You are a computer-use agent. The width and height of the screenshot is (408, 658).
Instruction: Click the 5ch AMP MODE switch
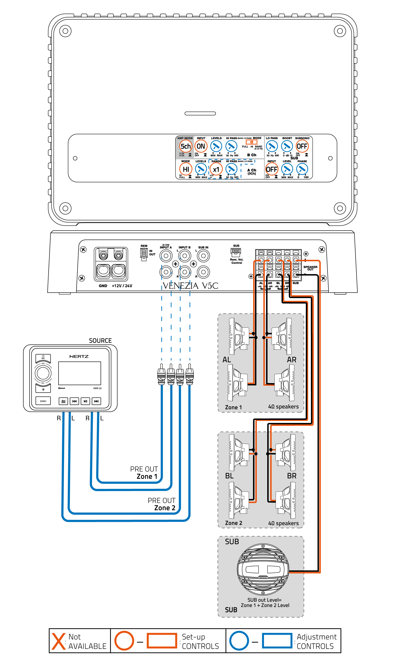click(186, 146)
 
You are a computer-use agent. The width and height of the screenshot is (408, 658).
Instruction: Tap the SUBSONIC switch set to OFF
click(302, 146)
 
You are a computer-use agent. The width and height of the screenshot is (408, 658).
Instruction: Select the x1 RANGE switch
click(216, 169)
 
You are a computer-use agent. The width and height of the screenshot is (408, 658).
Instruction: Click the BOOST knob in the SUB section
click(287, 146)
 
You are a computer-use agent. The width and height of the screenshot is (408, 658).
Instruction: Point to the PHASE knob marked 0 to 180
click(302, 169)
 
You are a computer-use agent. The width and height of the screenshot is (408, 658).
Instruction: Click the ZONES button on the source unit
click(43, 401)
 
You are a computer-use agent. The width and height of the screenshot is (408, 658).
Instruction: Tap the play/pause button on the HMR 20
click(85, 401)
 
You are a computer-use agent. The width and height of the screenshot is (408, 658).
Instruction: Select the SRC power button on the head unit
click(43, 357)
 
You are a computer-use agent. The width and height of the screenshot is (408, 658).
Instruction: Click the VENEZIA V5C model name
click(190, 286)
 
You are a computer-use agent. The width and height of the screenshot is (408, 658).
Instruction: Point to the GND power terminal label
click(103, 286)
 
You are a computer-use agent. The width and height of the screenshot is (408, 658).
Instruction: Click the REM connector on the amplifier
click(144, 254)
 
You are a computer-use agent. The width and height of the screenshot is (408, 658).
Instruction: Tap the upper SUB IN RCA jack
click(203, 256)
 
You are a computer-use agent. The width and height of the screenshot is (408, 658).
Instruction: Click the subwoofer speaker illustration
click(263, 569)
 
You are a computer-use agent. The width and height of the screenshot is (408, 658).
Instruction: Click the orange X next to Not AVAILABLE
click(59, 641)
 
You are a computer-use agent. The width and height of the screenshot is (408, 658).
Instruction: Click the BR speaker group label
click(292, 476)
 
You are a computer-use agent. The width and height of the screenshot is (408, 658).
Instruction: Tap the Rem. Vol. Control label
click(236, 261)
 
